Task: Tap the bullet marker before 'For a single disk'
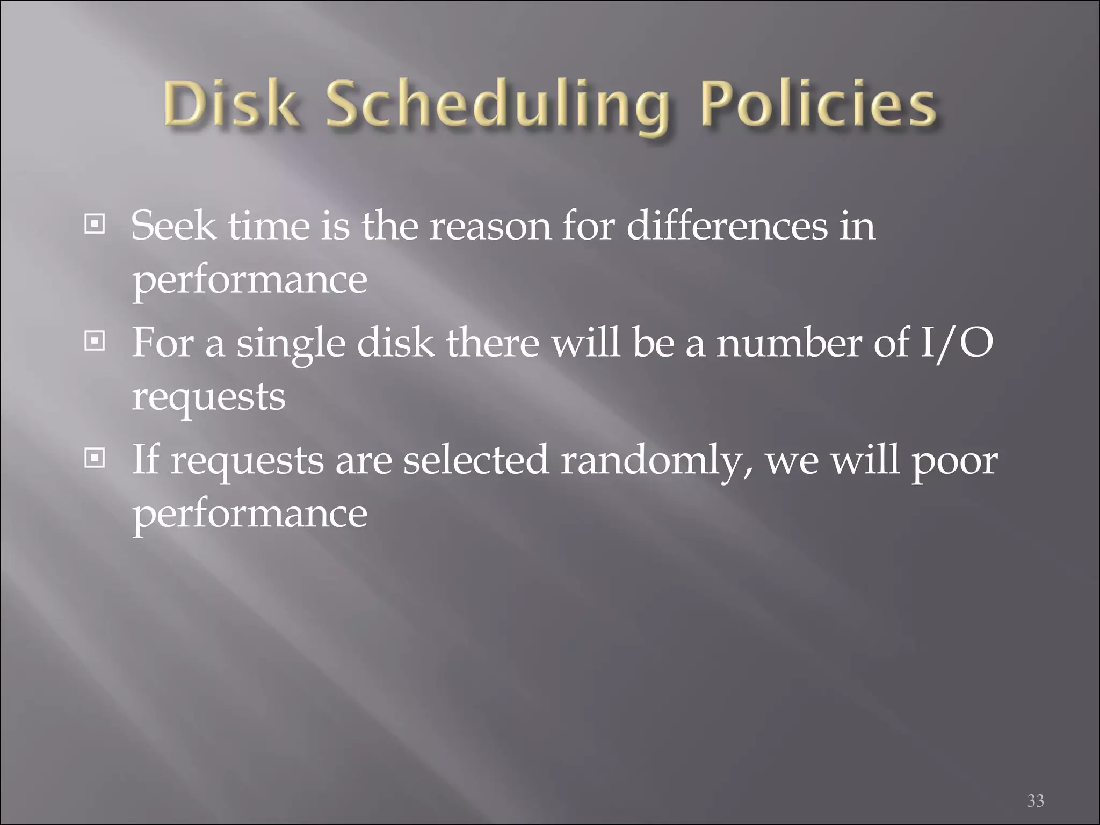[x=95, y=341]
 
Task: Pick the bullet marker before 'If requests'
[x=95, y=458]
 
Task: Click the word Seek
[x=173, y=226]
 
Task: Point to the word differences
[x=727, y=226]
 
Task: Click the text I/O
[x=956, y=343]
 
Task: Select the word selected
[x=475, y=460]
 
